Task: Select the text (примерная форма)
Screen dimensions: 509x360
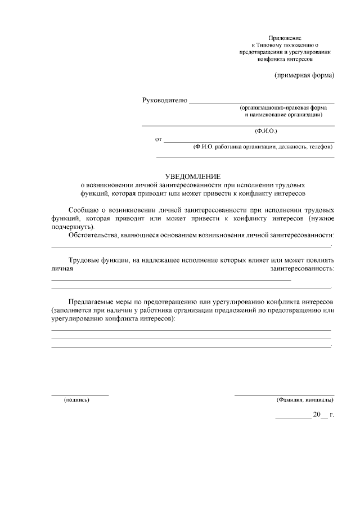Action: pos(304,75)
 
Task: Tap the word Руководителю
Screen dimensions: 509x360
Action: pos(164,101)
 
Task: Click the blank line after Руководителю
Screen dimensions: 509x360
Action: pos(262,103)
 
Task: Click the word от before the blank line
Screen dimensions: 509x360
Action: pos(158,139)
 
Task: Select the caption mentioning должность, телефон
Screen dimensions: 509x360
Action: pos(263,147)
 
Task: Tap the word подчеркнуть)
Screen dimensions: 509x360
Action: pos(74,226)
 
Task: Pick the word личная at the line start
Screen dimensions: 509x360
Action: pos(62,269)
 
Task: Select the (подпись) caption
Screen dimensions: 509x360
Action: pos(77,400)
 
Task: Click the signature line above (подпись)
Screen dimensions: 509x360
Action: pos(80,395)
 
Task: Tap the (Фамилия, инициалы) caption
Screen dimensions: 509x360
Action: pos(304,400)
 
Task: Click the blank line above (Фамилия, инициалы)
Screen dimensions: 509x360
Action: pos(284,395)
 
